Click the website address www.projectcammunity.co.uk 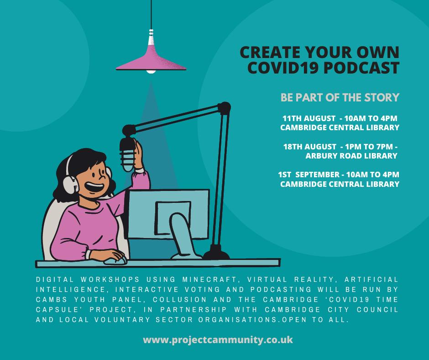tap(218, 340)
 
